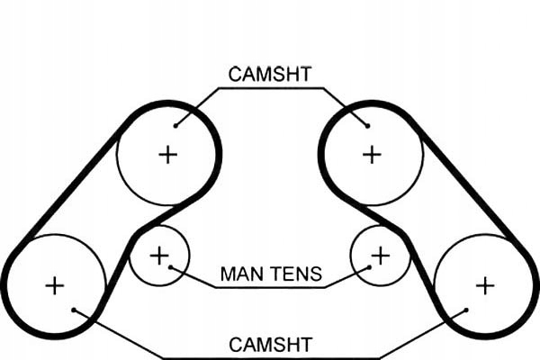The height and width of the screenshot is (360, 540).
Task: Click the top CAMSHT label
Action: coord(269,75)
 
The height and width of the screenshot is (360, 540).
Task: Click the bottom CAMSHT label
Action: coord(270,345)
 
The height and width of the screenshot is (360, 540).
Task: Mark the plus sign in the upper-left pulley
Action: coord(167,154)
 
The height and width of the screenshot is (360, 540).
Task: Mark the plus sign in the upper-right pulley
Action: coord(372,154)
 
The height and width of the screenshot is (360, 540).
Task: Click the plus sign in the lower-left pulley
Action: coord(55,286)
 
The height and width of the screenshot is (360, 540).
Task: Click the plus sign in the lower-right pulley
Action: coord(485,286)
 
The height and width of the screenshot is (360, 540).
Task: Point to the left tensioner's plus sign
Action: coord(159,256)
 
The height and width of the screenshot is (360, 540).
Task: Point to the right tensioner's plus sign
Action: coord(381,256)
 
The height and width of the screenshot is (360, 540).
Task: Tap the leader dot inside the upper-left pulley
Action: coord(175,124)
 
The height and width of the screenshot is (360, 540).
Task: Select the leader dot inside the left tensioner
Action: coord(170,267)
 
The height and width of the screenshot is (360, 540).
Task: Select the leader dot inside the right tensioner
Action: coord(370,267)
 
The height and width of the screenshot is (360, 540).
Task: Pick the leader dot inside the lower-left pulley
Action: coord(75,311)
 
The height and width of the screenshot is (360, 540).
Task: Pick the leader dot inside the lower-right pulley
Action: coord(465,311)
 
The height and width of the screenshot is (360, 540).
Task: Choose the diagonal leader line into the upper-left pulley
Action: coord(196,105)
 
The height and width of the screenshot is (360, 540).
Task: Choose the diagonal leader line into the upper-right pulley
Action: coord(344,105)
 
